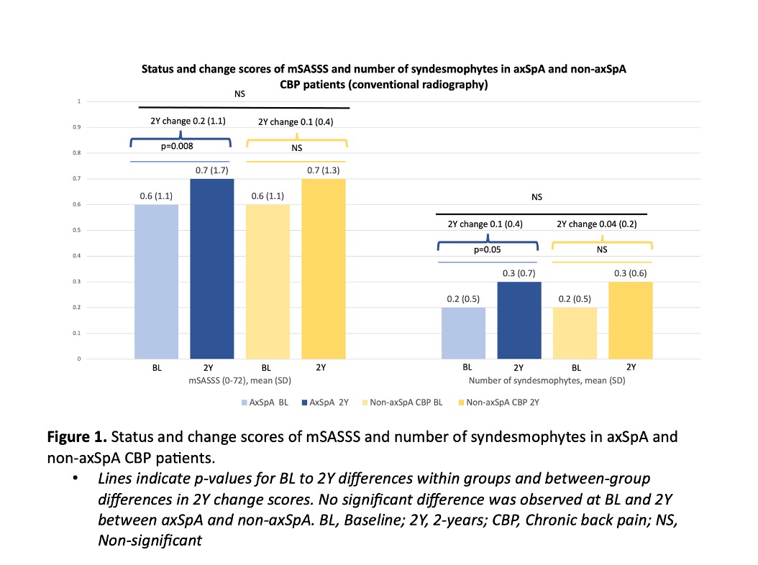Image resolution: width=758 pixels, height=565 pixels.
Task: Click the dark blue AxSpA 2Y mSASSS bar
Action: [x=211, y=269]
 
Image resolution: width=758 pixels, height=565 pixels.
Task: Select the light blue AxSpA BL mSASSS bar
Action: [x=156, y=282]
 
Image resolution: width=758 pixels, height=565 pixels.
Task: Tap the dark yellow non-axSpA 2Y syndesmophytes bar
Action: [x=629, y=320]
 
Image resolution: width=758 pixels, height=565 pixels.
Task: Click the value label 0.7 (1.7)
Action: [x=212, y=170]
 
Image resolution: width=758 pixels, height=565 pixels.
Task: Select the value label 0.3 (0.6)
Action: [x=630, y=273]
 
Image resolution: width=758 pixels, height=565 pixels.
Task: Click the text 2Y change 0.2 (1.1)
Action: [x=183, y=121]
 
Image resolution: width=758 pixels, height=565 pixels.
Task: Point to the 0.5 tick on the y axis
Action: [x=78, y=230]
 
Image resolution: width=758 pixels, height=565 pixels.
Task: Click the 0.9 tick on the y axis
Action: [x=78, y=127]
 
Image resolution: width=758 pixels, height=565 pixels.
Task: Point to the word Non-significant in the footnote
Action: [x=150, y=541]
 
